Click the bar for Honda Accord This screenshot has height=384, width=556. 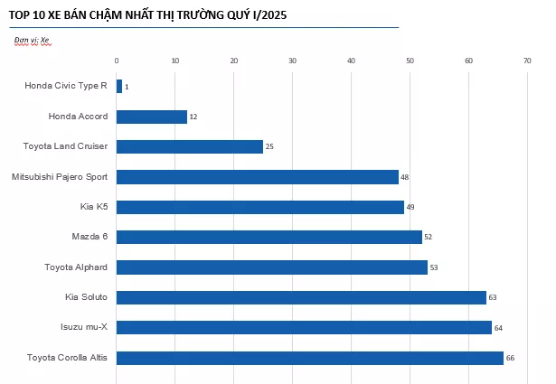pos(152,117)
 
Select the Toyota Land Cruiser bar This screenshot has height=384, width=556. pos(190,146)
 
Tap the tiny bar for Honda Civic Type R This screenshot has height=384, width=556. pos(119,87)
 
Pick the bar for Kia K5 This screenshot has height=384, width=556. pos(260,207)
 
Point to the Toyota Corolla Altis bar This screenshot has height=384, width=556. pos(310,358)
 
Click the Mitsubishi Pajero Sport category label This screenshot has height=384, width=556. pos(60,176)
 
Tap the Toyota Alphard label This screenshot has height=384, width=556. pos(76,267)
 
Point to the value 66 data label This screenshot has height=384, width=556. pos(510,359)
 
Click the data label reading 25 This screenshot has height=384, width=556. pos(269,147)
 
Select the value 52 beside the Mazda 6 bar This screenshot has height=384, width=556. pos(429,238)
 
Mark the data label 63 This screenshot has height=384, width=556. pos(493,298)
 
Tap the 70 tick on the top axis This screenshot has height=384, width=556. pos(527,61)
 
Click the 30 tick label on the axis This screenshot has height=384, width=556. pos(292,61)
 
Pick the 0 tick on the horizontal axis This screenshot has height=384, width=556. pos(117,61)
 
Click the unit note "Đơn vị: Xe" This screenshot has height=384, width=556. pos(32,41)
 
